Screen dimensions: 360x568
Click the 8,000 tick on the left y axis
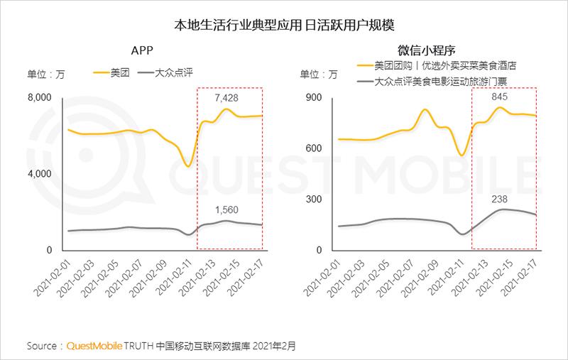40,98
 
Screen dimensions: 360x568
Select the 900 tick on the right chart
315,98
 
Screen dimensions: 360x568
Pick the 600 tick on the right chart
315,148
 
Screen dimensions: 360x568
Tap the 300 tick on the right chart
315,200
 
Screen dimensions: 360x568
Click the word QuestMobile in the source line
96,347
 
